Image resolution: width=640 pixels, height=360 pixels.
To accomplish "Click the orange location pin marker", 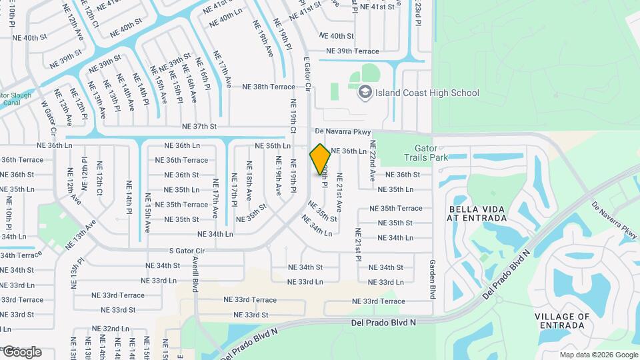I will click(321, 159).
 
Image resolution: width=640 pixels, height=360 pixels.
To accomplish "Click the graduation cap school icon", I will click(365, 92).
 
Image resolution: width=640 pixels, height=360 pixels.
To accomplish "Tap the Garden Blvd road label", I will click(432, 278).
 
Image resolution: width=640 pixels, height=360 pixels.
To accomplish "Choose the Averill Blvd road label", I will click(196, 273).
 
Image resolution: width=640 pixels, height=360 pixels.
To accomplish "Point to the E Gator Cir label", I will click(308, 73).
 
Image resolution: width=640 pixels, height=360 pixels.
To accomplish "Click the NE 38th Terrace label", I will click(268, 87).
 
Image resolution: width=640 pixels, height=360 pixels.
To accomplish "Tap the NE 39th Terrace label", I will click(352, 51).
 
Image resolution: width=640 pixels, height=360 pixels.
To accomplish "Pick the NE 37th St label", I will click(201, 126).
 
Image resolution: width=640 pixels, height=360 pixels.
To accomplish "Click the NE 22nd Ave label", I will click(373, 162).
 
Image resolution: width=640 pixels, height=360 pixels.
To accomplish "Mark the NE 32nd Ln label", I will click(111, 329).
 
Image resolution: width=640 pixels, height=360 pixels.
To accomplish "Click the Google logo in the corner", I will click(22, 351).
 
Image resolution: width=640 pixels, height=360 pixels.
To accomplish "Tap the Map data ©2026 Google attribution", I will click(599, 355).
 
